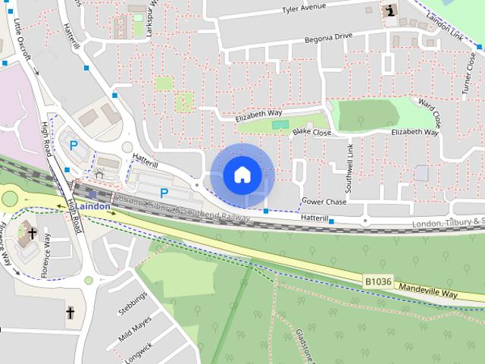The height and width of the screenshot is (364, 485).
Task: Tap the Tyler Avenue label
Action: (304, 9)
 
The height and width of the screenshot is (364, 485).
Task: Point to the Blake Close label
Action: (311, 133)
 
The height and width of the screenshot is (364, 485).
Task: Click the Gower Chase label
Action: (324, 202)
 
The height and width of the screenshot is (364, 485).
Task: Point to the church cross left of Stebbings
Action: (70, 312)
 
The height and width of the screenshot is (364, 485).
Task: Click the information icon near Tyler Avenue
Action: (390, 11)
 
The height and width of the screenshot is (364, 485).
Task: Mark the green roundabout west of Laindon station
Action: (9, 199)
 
